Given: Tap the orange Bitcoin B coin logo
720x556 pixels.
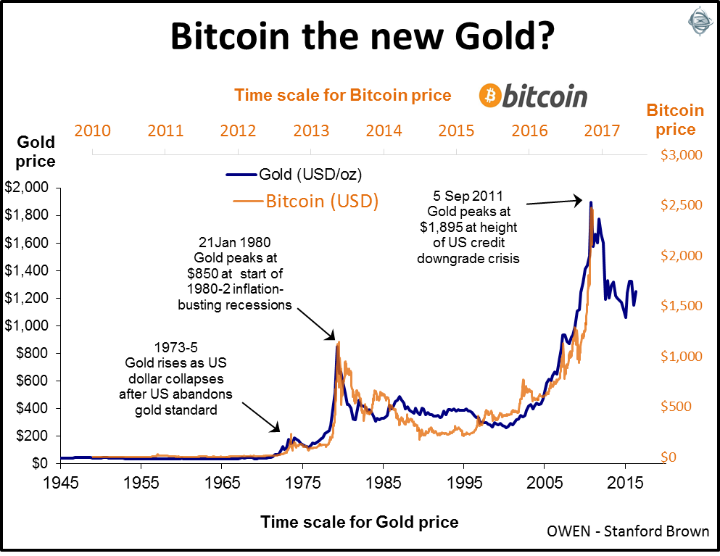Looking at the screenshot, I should point(492,95).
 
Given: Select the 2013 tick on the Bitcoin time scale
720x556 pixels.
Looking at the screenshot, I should point(311,131).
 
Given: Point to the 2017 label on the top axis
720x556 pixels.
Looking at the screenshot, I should point(602,131).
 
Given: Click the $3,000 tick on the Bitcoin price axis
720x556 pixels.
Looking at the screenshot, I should point(680,155).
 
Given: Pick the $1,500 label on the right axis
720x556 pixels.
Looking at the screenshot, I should point(680,306).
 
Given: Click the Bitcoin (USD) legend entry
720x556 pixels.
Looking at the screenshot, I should point(322,201).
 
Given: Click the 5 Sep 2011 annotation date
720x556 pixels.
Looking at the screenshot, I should point(468,196).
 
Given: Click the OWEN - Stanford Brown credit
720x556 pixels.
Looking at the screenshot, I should point(628,531).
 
